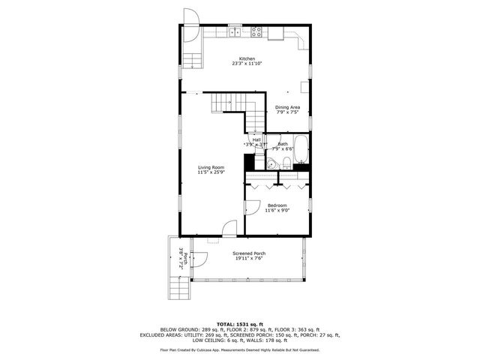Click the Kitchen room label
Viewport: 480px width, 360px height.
click(247, 58)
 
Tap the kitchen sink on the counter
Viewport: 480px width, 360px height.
click(235, 32)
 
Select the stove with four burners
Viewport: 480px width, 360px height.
click(256, 32)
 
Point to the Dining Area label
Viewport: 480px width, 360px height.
click(287, 107)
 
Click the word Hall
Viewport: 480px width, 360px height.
click(256, 139)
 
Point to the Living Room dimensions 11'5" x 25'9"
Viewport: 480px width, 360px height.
click(211, 172)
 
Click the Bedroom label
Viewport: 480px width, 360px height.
click(277, 205)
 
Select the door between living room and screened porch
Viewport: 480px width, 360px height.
click(229, 227)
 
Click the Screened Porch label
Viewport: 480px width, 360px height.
click(248, 253)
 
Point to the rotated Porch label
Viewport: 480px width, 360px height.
click(180, 259)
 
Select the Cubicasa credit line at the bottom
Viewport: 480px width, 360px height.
click(239, 349)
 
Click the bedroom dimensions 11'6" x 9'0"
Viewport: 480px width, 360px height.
click(277, 211)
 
